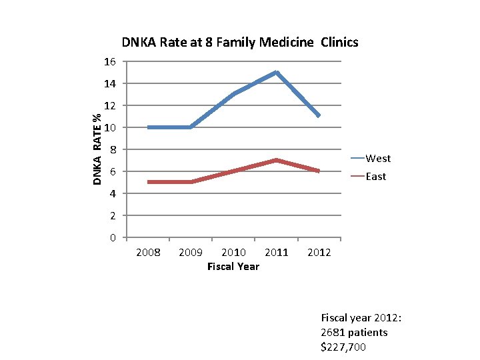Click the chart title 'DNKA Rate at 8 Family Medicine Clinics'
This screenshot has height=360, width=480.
click(240, 43)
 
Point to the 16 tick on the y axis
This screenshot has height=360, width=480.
click(110, 62)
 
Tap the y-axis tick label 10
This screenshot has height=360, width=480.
click(110, 127)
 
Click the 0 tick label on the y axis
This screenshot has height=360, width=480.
click(113, 238)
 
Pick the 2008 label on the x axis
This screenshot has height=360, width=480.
click(148, 253)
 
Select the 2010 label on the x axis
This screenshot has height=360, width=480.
click(233, 253)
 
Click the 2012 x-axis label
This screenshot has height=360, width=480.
click(319, 253)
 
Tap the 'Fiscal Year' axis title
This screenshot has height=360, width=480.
click(233, 267)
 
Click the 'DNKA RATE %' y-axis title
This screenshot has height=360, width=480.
click(97, 149)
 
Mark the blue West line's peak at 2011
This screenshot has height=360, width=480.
click(276, 72)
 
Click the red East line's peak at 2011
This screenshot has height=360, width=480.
click(276, 160)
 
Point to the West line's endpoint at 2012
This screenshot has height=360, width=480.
click(319, 116)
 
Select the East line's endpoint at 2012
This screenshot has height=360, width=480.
click(319, 171)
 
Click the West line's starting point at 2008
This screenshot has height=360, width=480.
click(149, 127)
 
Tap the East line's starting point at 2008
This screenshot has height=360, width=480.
click(149, 182)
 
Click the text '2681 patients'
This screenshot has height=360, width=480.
click(354, 332)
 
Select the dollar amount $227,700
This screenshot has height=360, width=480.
click(344, 347)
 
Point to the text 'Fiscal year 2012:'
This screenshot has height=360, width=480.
click(363, 317)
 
